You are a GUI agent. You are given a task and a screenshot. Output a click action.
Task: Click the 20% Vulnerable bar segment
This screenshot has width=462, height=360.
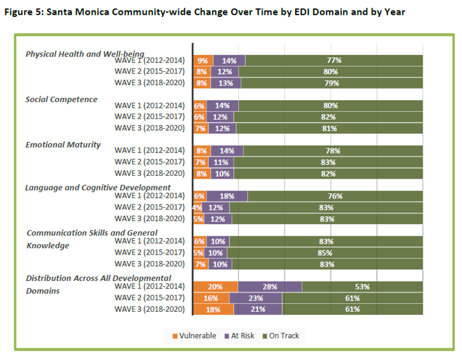(x=216, y=287)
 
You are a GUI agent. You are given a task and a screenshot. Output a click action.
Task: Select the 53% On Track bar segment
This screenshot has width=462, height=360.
(x=362, y=287)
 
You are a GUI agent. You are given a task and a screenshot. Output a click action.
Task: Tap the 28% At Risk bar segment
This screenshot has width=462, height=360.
(x=270, y=287)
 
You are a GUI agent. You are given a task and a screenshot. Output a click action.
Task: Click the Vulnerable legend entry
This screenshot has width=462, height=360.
(x=194, y=336)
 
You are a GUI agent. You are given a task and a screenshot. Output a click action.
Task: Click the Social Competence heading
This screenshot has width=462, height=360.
(x=61, y=100)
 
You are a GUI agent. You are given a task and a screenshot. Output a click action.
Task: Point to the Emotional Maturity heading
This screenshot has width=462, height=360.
(x=63, y=145)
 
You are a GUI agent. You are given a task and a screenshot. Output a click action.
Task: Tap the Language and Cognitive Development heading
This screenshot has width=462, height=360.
(x=98, y=187)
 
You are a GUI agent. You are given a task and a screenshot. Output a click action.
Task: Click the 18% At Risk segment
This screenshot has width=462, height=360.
(x=227, y=196)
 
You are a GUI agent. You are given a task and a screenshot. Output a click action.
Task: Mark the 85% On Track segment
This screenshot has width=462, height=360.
(x=325, y=253)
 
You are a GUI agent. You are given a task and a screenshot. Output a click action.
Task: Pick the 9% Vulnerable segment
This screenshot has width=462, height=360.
(x=202, y=60)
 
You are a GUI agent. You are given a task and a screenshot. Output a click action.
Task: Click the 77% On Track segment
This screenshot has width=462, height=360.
(x=334, y=60)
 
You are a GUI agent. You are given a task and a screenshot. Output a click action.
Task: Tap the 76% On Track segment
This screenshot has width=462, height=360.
(x=335, y=196)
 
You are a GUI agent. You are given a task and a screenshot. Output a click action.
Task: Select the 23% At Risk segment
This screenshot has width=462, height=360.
(x=256, y=298)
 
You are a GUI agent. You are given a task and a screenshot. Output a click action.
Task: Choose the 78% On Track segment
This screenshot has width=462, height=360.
(x=333, y=151)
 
